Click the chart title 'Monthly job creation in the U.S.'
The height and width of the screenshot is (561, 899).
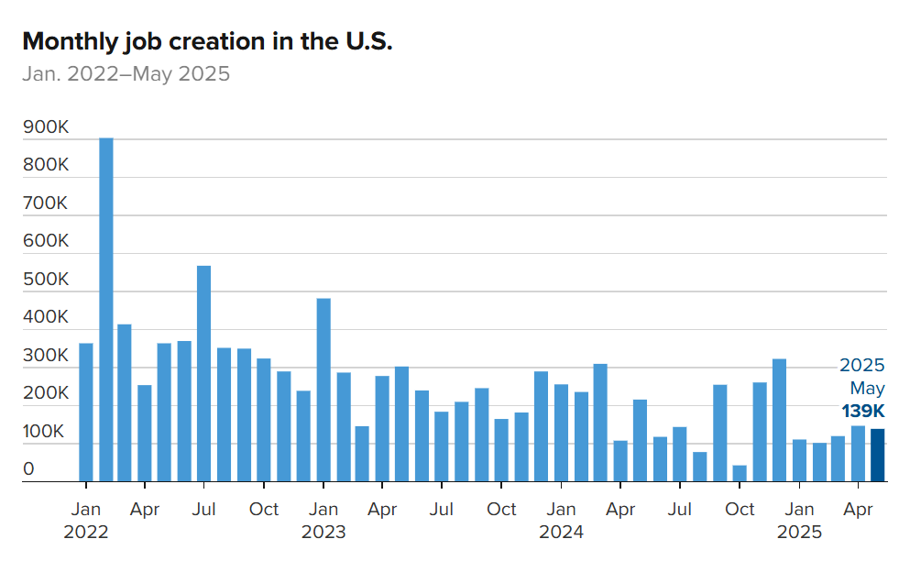click(207, 41)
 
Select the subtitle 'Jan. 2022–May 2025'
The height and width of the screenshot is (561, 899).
click(126, 73)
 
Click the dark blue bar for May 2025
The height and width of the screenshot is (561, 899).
click(877, 455)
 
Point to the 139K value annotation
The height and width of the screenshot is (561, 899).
click(863, 411)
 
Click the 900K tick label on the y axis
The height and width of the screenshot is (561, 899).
click(46, 127)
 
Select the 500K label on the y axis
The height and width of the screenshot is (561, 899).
click(46, 280)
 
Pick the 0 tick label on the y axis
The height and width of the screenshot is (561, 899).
click(28, 469)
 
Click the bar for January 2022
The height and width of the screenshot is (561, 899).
click(85, 412)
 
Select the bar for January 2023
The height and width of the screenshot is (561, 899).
click(323, 390)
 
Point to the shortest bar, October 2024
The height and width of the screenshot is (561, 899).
click(740, 473)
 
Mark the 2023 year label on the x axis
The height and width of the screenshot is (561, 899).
click(323, 533)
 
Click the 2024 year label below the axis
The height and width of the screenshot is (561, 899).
click(562, 533)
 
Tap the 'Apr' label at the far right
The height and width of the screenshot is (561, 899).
click(859, 510)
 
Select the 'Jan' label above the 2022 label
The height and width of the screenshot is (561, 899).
click(85, 510)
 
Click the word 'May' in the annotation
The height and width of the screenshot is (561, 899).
click(867, 388)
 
